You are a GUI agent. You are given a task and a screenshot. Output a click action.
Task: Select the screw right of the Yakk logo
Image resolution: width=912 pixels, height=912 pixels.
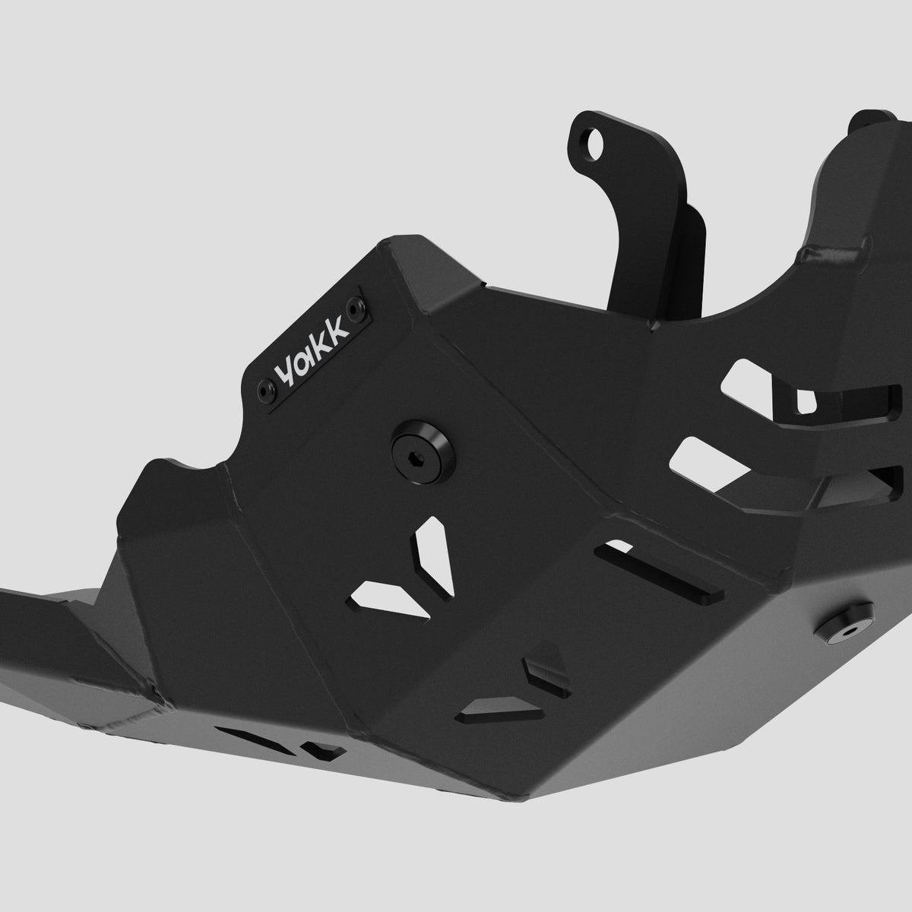355,308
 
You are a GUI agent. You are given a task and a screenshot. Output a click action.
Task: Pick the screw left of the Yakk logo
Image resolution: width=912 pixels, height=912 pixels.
265,391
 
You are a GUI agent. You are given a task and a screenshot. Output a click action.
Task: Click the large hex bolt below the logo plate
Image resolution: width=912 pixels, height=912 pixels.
423,451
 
